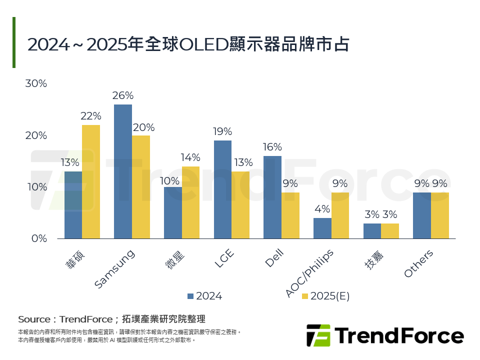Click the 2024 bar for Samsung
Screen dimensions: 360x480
click(123, 171)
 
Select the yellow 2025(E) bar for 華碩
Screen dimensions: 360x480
click(91, 181)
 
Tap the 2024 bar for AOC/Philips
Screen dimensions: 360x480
click(322, 228)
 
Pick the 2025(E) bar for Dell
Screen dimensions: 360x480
click(290, 215)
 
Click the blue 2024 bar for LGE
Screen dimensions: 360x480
click(222, 189)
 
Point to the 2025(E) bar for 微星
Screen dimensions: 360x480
click(190, 202)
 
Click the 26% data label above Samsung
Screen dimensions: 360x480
click(123, 95)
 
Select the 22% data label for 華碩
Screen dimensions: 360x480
click(91, 116)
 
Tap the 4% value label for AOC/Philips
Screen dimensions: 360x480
click(322, 209)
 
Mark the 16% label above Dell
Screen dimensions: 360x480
click(272, 147)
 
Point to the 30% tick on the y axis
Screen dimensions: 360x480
click(36, 83)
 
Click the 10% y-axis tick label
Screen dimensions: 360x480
click(36, 187)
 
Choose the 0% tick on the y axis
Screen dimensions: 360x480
click(38, 238)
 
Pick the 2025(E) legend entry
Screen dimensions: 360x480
click(325, 296)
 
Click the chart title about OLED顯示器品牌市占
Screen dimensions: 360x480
click(188, 44)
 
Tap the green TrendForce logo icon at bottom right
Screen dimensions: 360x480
click(318, 335)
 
